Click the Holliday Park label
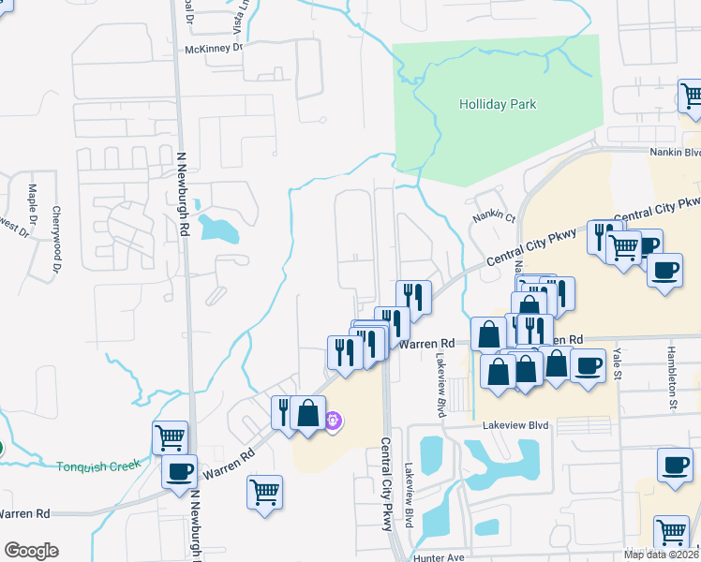pyautogui.click(x=497, y=104)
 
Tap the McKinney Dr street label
pyautogui.click(x=214, y=48)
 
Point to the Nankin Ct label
pyautogui.click(x=494, y=217)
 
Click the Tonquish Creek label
pyautogui.click(x=97, y=466)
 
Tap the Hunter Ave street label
pyautogui.click(x=439, y=556)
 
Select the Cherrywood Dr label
pyautogui.click(x=56, y=240)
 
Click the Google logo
pyautogui.click(x=31, y=551)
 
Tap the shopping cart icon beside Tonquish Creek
pyautogui.click(x=170, y=436)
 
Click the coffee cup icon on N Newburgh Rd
pyautogui.click(x=179, y=471)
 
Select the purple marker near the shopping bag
pyautogui.click(x=333, y=422)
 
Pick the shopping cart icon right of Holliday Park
pyautogui.click(x=691, y=96)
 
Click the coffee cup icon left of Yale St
pyautogui.click(x=588, y=365)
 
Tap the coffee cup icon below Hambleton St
pyautogui.click(x=674, y=464)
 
